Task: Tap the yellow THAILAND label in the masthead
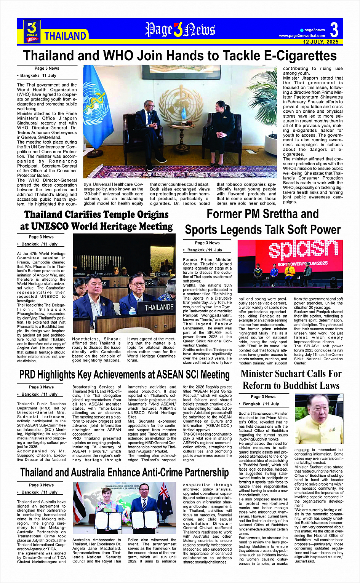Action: click(x=65, y=36)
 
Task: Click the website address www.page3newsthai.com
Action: click(x=302, y=36)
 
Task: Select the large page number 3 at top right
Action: click(x=334, y=29)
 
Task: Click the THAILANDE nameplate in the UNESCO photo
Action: click(x=159, y=307)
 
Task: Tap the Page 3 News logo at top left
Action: click(x=32, y=31)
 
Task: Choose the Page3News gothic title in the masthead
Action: click(x=180, y=30)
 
